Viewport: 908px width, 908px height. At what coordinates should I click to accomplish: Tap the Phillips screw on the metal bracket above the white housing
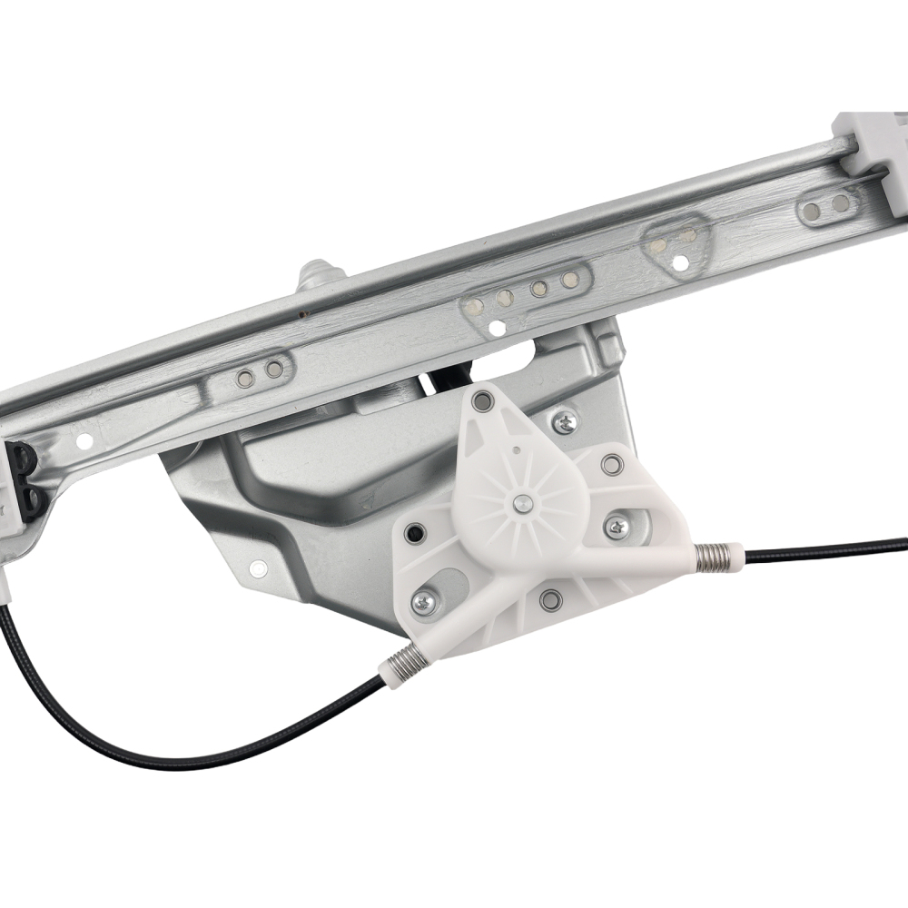click(x=565, y=420)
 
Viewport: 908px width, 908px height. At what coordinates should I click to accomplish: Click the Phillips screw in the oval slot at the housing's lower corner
click(x=425, y=600)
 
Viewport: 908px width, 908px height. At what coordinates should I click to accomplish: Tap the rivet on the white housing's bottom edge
click(x=549, y=599)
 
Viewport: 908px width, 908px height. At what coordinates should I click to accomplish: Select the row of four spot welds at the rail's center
click(x=522, y=290)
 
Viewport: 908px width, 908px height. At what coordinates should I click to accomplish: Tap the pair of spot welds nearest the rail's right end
click(x=828, y=208)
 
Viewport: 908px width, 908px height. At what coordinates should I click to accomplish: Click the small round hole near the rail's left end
click(x=84, y=442)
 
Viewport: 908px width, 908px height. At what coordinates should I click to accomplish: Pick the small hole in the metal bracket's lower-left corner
click(x=259, y=568)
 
